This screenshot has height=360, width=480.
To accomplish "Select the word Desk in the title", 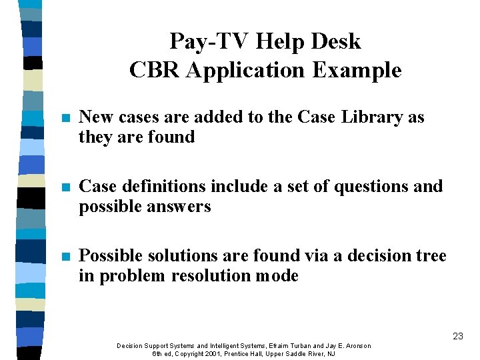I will point(337,42).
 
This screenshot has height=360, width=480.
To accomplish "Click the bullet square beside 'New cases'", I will point(64,118).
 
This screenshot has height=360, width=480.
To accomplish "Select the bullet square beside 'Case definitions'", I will point(64,187).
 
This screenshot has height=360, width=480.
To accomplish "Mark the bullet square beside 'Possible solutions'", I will point(64,257).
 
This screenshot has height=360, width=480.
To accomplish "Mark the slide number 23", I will point(457,337).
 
